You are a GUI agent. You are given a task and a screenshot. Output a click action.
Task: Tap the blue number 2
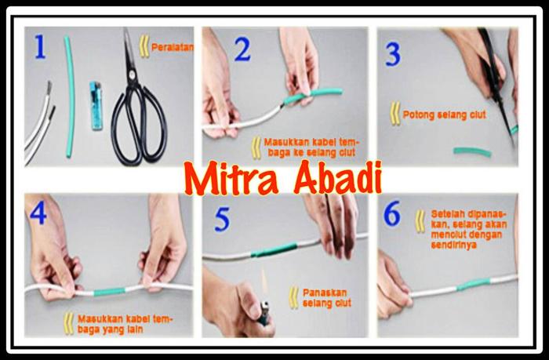pyautogui.click(x=242, y=49)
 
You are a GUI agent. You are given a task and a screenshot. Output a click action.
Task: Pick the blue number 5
pyautogui.click(x=222, y=220)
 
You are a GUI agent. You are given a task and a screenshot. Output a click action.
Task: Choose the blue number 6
pyautogui.click(x=392, y=213)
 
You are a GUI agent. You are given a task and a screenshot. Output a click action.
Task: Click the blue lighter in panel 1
pyautogui.click(x=95, y=106)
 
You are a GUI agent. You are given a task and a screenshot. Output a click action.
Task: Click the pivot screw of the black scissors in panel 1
pyautogui.click(x=132, y=74)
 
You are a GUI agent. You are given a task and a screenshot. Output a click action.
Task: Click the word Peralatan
pyautogui.click(x=173, y=48)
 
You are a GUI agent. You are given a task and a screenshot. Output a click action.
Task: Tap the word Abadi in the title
pyautogui.click(x=336, y=178)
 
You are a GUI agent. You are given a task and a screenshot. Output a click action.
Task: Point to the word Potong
pyautogui.click(x=418, y=115)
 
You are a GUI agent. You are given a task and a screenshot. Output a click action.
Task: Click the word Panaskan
pyautogui.click(x=325, y=293)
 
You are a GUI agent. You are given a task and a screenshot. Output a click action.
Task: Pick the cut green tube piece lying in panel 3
pyautogui.click(x=472, y=151)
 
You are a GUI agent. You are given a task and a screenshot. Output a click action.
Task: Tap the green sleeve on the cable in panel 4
pyautogui.click(x=109, y=292)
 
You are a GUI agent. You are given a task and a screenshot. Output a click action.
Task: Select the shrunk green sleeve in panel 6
pyautogui.click(x=473, y=284)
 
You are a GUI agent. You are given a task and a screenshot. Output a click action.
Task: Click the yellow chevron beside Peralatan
pyautogui.click(x=144, y=46)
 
